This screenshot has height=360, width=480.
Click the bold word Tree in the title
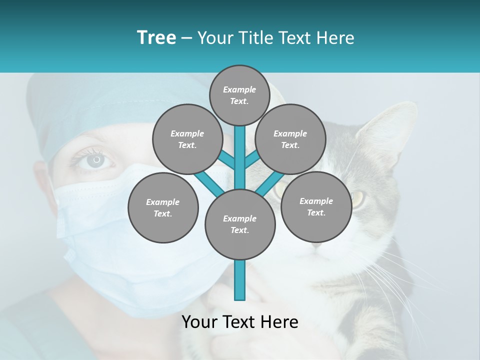click(156, 37)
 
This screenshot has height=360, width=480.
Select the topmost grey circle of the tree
click(239, 95)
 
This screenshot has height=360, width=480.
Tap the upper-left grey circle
click(187, 139)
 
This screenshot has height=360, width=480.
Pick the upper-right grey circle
click(290, 139)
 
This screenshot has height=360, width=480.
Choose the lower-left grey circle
click(163, 207)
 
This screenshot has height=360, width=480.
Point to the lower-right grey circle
click(316, 206)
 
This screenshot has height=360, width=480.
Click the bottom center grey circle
click(240, 224)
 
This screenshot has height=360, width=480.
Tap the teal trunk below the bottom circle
click(240, 280)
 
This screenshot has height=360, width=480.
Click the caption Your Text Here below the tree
click(240, 322)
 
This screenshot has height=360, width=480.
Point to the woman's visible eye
click(96, 161)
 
